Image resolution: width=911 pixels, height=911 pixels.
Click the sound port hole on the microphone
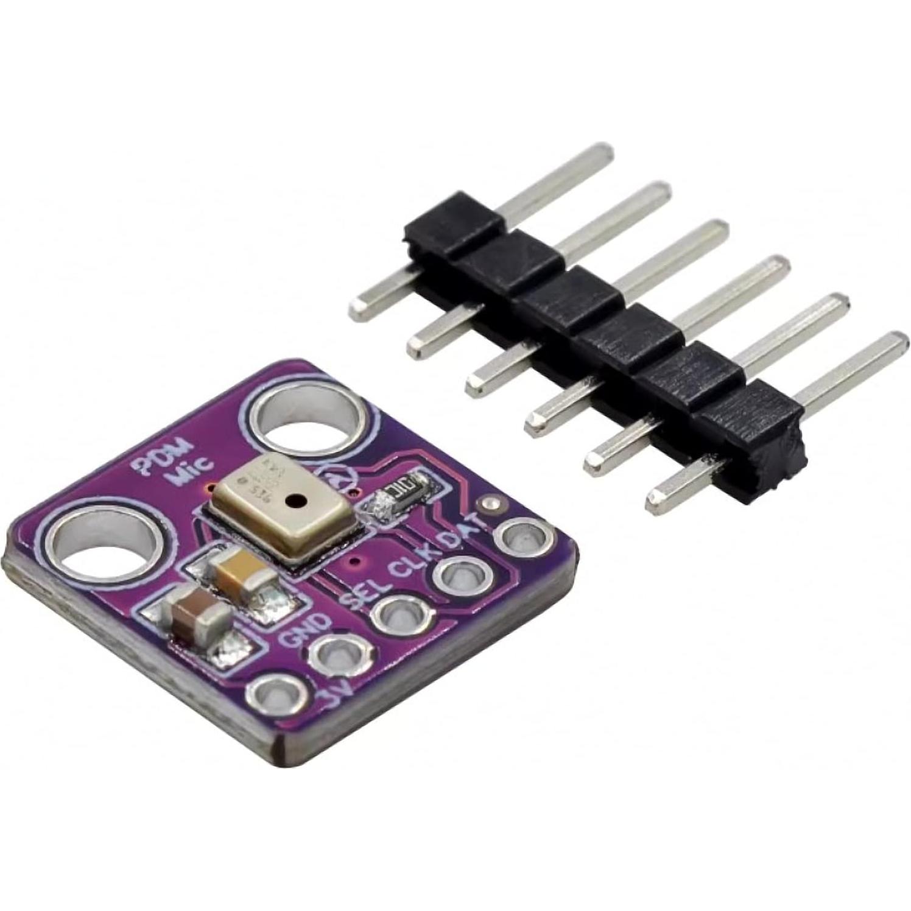[x=296, y=501]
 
